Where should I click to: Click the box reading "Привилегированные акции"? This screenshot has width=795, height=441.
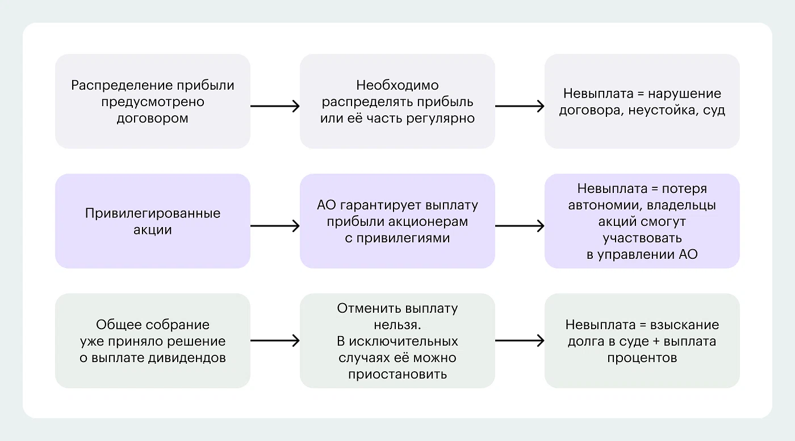click(x=153, y=221)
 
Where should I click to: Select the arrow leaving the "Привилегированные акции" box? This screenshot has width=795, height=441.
click(x=275, y=226)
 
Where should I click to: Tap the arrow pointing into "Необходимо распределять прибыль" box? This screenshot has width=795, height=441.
click(x=275, y=106)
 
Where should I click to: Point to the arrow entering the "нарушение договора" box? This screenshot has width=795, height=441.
click(x=520, y=106)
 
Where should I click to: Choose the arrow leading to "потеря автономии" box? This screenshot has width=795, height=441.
click(x=520, y=226)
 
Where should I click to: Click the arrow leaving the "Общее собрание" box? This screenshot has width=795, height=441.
click(x=275, y=341)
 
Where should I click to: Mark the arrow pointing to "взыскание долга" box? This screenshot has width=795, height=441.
click(x=520, y=341)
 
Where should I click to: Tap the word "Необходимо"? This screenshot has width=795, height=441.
click(x=397, y=86)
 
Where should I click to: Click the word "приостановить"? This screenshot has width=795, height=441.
click(x=397, y=374)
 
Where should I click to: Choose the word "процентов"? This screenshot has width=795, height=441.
click(x=642, y=358)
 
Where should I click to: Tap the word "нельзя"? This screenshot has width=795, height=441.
click(x=397, y=325)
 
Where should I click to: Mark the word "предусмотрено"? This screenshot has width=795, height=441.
click(x=153, y=102)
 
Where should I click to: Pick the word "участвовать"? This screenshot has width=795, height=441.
click(x=642, y=238)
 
